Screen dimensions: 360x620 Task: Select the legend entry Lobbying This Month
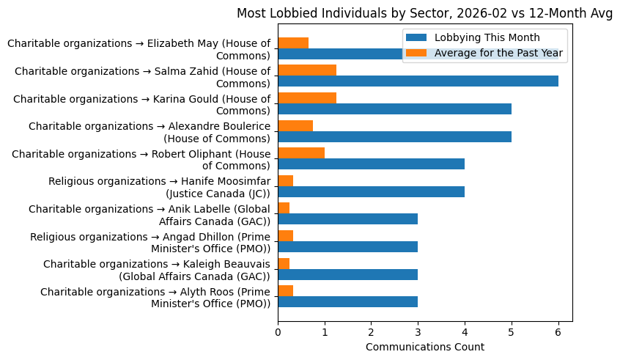(487, 38)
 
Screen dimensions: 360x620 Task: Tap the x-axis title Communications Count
(424, 347)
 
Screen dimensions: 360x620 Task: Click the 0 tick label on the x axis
(278, 332)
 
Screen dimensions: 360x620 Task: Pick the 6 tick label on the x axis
(558, 332)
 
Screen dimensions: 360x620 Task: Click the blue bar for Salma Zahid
(418, 81)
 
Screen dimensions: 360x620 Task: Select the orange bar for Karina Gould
(307, 98)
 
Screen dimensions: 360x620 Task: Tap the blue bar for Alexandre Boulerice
(394, 137)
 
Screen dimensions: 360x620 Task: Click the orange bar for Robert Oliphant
(301, 153)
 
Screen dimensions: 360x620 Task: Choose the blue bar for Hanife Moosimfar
(371, 192)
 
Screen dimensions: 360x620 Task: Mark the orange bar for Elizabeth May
(293, 43)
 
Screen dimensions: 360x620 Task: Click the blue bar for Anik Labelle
(347, 219)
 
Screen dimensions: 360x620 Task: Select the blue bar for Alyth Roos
(347, 302)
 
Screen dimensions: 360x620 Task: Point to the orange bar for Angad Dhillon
(286, 236)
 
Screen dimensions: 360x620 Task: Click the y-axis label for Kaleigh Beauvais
(156, 270)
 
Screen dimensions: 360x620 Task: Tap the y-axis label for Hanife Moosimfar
(159, 187)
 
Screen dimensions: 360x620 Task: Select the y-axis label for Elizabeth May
(139, 49)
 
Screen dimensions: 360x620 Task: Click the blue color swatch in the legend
(416, 38)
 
